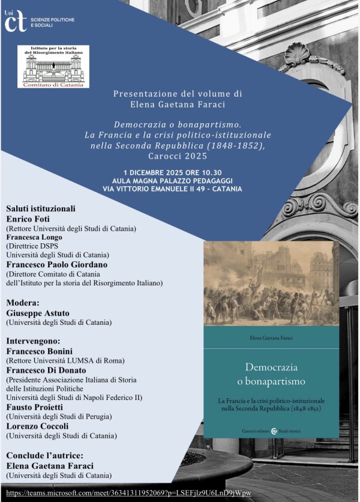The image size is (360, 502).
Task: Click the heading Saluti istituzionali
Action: coord(41,208)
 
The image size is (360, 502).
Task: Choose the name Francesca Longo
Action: coord(34,237)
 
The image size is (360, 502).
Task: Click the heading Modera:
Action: coord(23,302)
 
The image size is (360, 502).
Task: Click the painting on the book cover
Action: coord(271,283)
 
